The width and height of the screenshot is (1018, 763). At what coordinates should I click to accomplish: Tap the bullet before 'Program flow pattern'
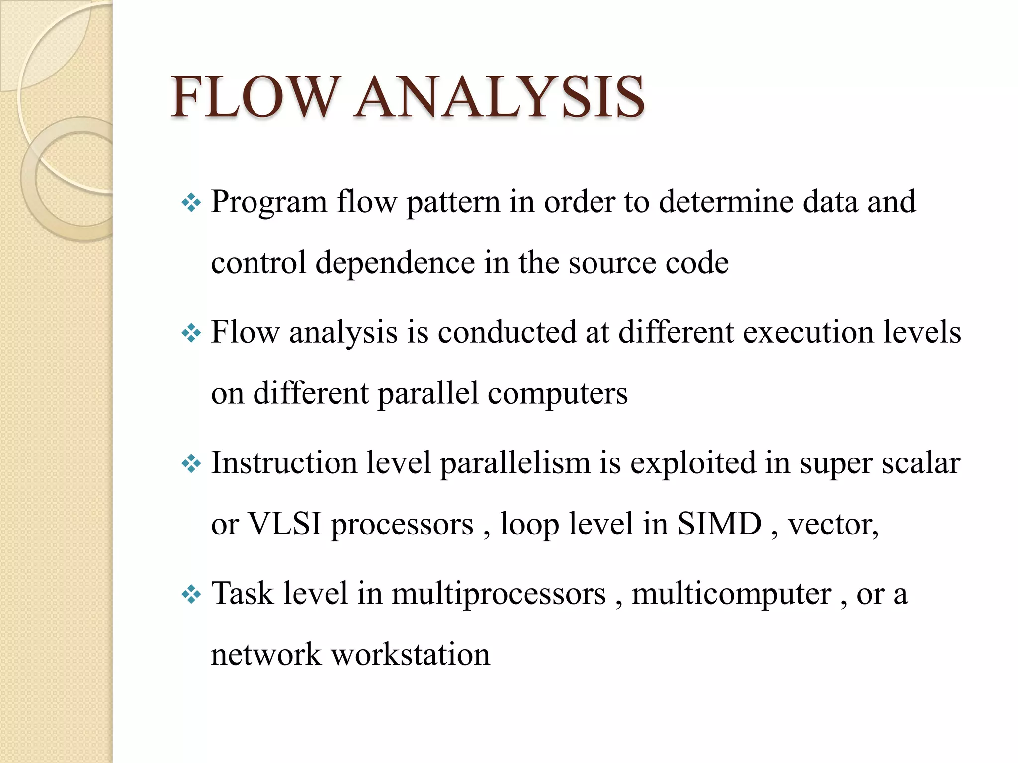191,203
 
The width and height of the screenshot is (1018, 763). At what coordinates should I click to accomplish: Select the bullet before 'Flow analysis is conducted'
191,333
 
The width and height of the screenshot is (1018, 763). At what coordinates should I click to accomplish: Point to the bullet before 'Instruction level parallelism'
191,464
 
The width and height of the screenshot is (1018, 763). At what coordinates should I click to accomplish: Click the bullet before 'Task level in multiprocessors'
191,594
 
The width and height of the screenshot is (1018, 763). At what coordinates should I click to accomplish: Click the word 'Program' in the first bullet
269,203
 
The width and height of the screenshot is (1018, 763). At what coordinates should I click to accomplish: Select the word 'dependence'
395,263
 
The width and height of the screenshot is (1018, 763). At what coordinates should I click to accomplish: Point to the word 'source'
612,264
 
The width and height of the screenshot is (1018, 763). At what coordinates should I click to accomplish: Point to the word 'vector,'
834,525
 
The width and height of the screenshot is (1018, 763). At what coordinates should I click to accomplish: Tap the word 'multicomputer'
731,594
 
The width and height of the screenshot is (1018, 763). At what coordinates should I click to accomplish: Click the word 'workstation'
411,654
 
